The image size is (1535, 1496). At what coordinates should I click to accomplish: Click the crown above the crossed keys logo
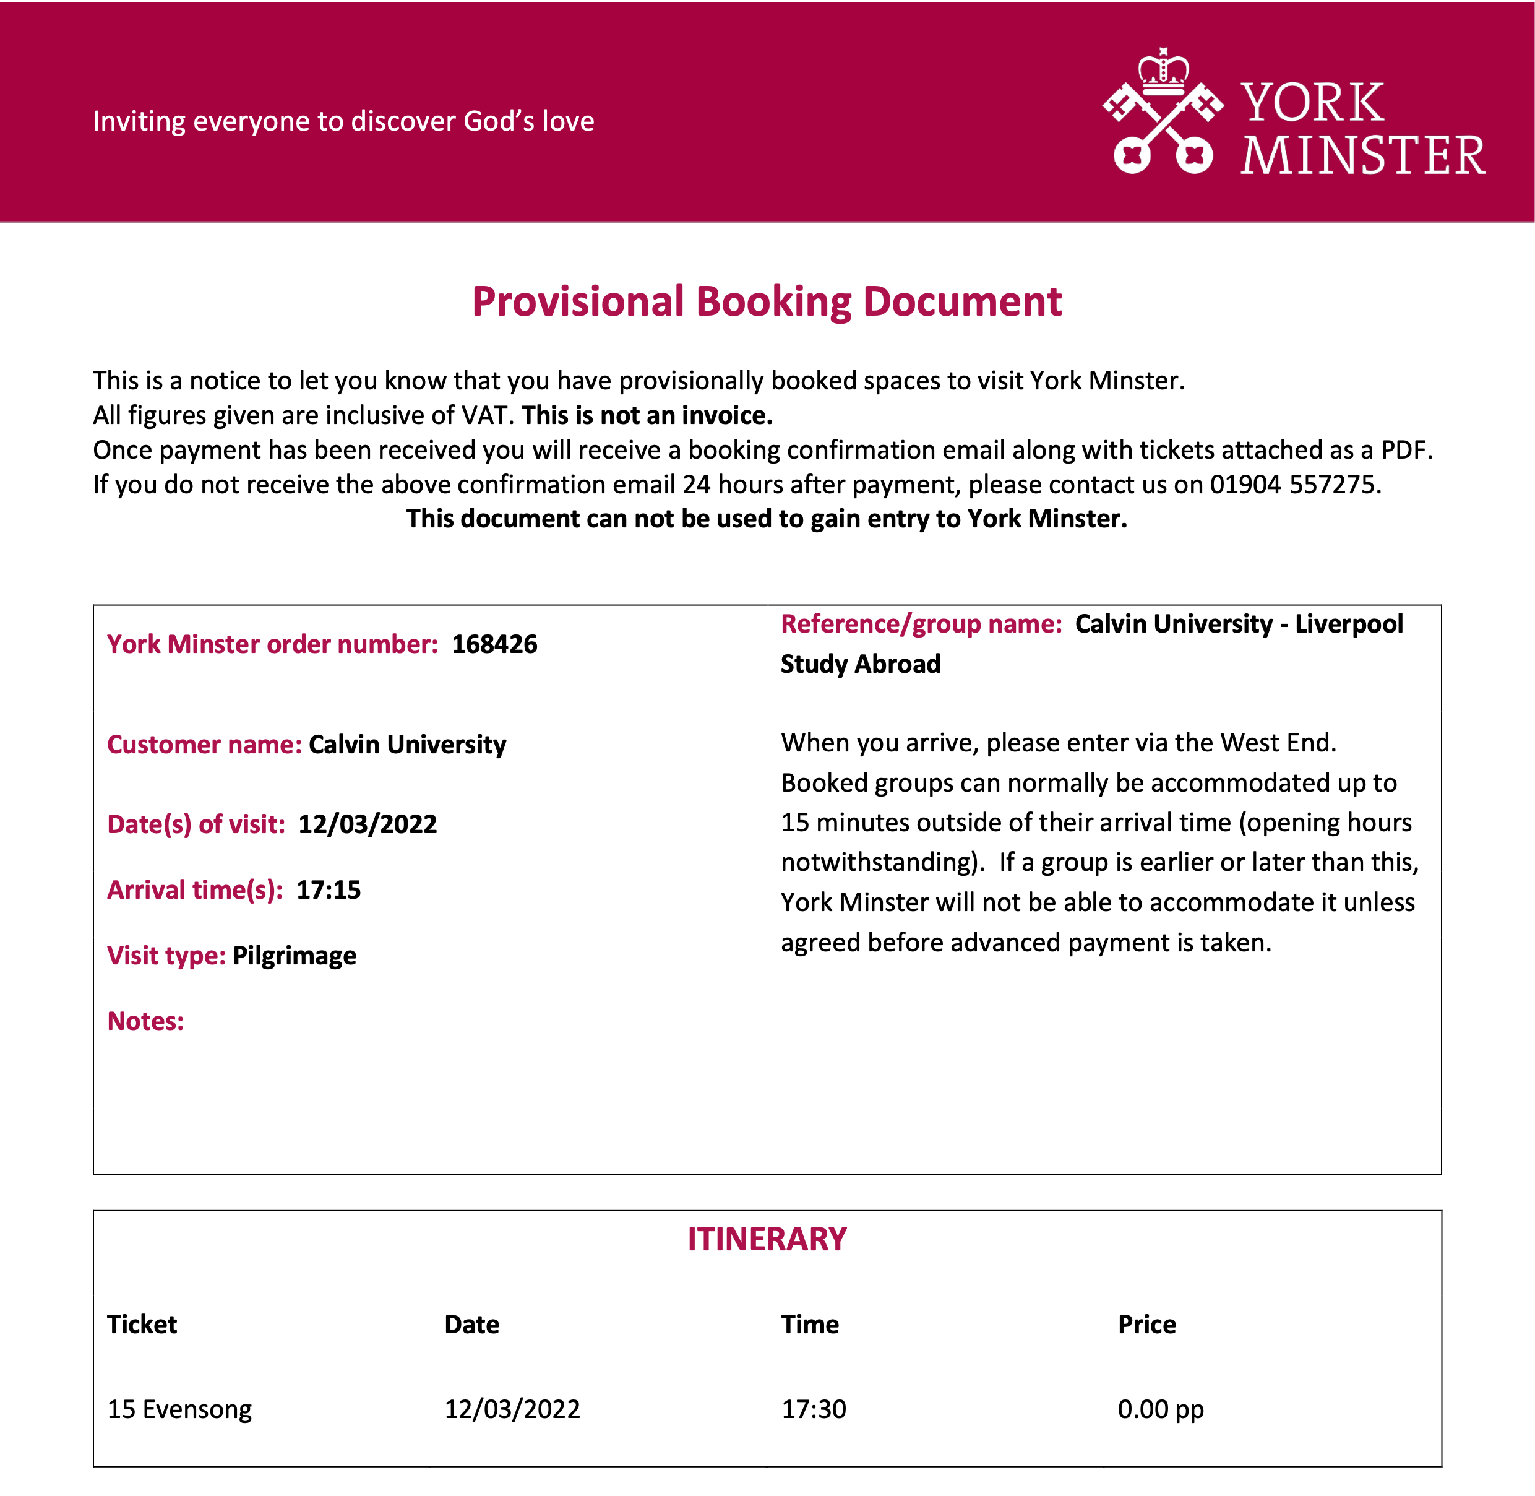click(x=1163, y=69)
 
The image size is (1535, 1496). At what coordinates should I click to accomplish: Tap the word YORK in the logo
click(x=1313, y=104)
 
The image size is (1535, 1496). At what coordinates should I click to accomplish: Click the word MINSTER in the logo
click(x=1363, y=155)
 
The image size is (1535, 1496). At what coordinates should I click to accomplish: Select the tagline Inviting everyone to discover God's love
click(x=343, y=121)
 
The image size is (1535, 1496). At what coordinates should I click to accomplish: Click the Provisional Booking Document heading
click(x=767, y=301)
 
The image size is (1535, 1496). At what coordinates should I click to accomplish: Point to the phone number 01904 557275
click(x=1294, y=485)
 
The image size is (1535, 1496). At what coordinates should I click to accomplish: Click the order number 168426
click(x=494, y=644)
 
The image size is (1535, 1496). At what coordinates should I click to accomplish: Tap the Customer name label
click(x=204, y=744)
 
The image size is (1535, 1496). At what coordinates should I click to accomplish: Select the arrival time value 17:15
click(x=329, y=889)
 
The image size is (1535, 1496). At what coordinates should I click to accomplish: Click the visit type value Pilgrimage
click(x=295, y=956)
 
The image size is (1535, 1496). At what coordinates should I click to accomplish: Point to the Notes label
click(x=145, y=1021)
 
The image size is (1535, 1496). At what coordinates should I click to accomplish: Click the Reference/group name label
click(x=921, y=624)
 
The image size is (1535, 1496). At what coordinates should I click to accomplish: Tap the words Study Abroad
click(x=860, y=664)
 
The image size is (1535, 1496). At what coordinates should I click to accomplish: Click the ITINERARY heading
click(x=767, y=1240)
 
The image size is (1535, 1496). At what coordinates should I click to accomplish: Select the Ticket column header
click(x=142, y=1325)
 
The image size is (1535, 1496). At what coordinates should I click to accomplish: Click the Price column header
click(x=1147, y=1325)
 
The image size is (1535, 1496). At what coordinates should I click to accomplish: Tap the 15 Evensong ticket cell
click(x=180, y=1409)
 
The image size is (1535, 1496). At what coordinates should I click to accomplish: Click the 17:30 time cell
click(x=814, y=1409)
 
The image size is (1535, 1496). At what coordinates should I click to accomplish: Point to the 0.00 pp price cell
click(x=1160, y=1409)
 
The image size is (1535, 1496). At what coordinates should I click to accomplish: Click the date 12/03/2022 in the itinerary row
click(x=512, y=1409)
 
